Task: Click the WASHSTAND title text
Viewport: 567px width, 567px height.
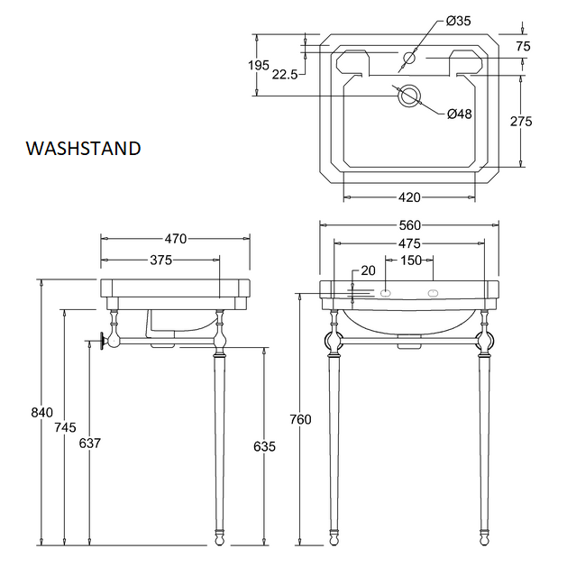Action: (x=83, y=148)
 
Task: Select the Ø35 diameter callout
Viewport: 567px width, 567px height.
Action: (x=458, y=21)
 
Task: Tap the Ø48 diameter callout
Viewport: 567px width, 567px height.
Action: (x=460, y=114)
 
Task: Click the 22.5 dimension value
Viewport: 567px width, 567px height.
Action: (x=284, y=75)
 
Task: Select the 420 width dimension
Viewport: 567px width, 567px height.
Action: (x=409, y=197)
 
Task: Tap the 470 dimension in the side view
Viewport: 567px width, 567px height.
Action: (x=175, y=239)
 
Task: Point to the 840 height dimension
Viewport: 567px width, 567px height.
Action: (x=42, y=413)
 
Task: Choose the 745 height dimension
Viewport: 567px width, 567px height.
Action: (x=65, y=427)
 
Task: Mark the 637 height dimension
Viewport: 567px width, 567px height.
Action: (x=89, y=444)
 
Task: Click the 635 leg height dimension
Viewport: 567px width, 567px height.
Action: (x=263, y=446)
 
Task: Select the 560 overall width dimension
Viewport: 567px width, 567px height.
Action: (x=409, y=224)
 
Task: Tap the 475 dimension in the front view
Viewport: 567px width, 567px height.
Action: (x=409, y=243)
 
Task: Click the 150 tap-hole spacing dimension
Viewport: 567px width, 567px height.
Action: (x=410, y=261)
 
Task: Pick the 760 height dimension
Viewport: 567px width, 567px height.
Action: (x=300, y=419)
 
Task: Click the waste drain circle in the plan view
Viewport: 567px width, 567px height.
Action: (x=409, y=96)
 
